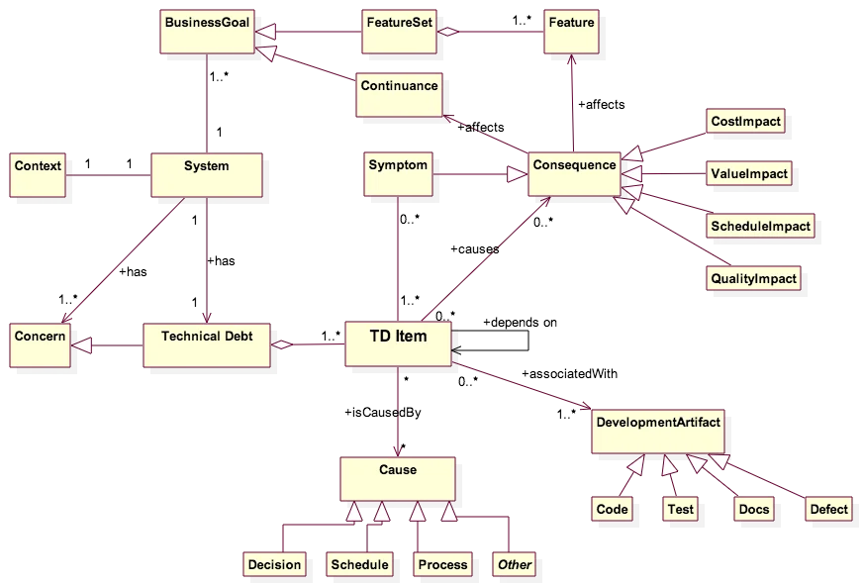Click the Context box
click(38, 174)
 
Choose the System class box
click(207, 174)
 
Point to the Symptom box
click(398, 174)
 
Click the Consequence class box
click(573, 174)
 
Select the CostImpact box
click(746, 122)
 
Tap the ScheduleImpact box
click(760, 227)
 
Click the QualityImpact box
click(753, 279)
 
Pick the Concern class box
click(40, 343)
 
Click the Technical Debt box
click(207, 343)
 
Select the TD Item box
click(398, 343)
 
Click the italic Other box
click(515, 565)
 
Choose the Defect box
click(828, 509)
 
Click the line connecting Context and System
click(109, 178)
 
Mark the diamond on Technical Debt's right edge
click(283, 344)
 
